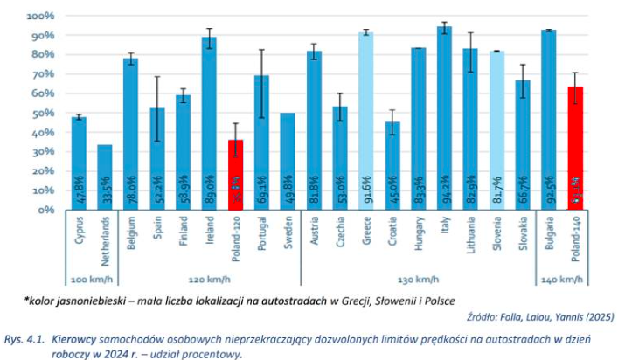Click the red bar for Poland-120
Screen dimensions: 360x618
[236, 175]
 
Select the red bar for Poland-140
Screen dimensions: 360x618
[574, 149]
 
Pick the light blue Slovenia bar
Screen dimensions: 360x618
[496, 130]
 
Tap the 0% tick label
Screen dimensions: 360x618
[45, 211]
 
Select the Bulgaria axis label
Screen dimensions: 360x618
[548, 239]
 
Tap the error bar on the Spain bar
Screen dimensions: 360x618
[157, 109]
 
